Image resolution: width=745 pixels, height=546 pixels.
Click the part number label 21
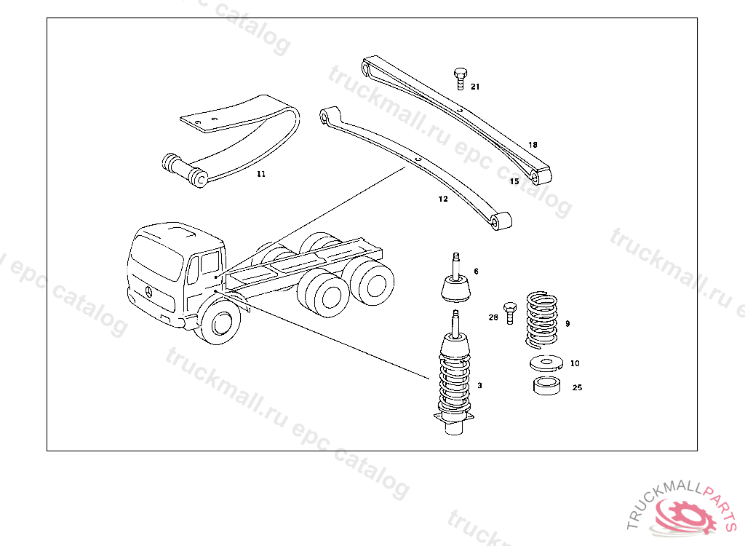coord(475,87)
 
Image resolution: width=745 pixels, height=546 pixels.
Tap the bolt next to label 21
coord(460,79)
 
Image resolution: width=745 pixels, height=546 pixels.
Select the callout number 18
coord(533,145)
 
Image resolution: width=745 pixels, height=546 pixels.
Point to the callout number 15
coord(514,181)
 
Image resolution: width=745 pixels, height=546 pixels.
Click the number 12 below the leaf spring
coord(443,199)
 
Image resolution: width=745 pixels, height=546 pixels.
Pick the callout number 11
coord(261,174)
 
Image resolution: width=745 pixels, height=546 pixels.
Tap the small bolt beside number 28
coord(510,312)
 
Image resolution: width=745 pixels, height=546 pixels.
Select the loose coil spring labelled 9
coord(541,319)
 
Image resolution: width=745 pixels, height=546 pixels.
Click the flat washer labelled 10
coord(546,363)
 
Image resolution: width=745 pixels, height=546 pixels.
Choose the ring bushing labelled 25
coord(546,386)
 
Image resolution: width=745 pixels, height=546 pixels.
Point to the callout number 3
coord(479,385)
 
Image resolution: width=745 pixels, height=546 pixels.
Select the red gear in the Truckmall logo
coord(684,515)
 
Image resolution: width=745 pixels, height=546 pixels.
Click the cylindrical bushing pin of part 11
coord(183,170)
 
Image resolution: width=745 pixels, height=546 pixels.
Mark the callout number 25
coord(577,387)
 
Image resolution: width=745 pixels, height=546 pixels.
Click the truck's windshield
coord(157,258)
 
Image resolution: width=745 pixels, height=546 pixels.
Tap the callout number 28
coord(493,317)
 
